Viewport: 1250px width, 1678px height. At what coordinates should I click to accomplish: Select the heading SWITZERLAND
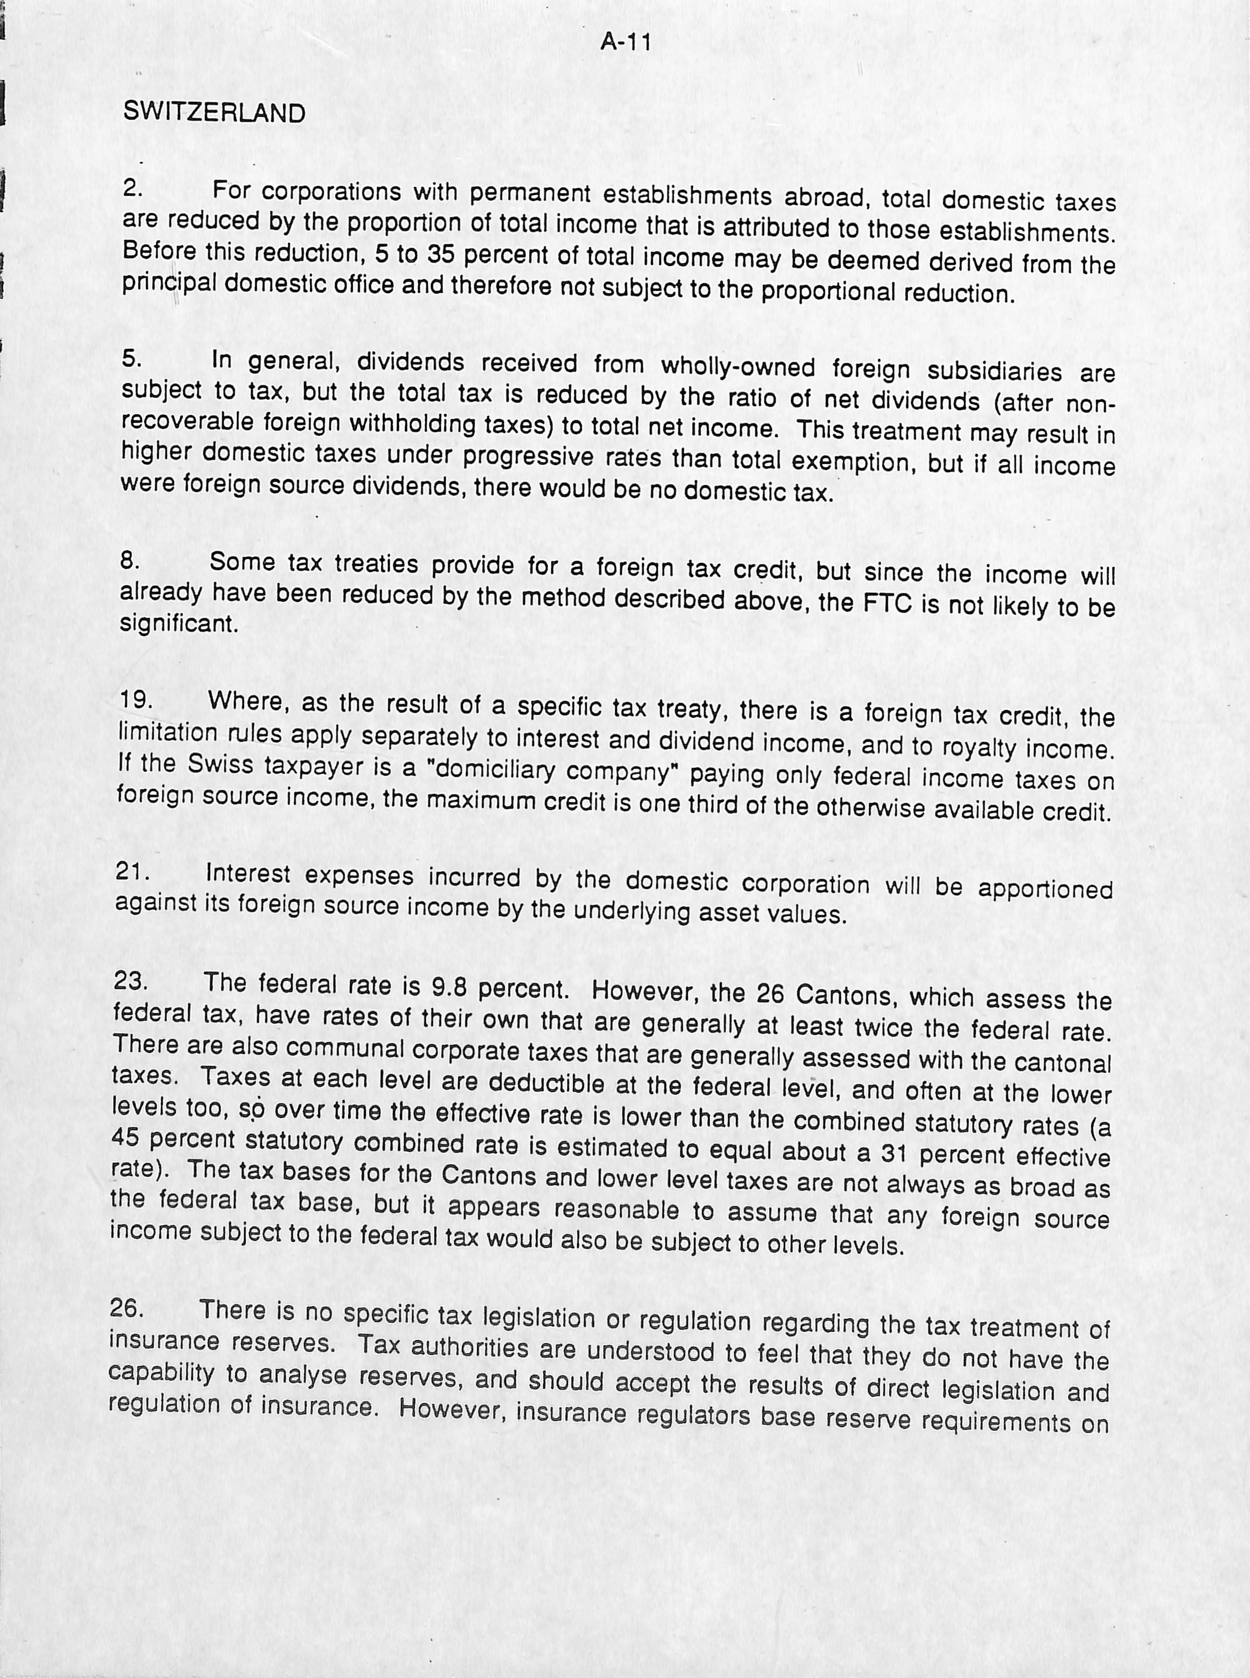(214, 113)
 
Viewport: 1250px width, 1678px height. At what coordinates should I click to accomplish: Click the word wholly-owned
(738, 367)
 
